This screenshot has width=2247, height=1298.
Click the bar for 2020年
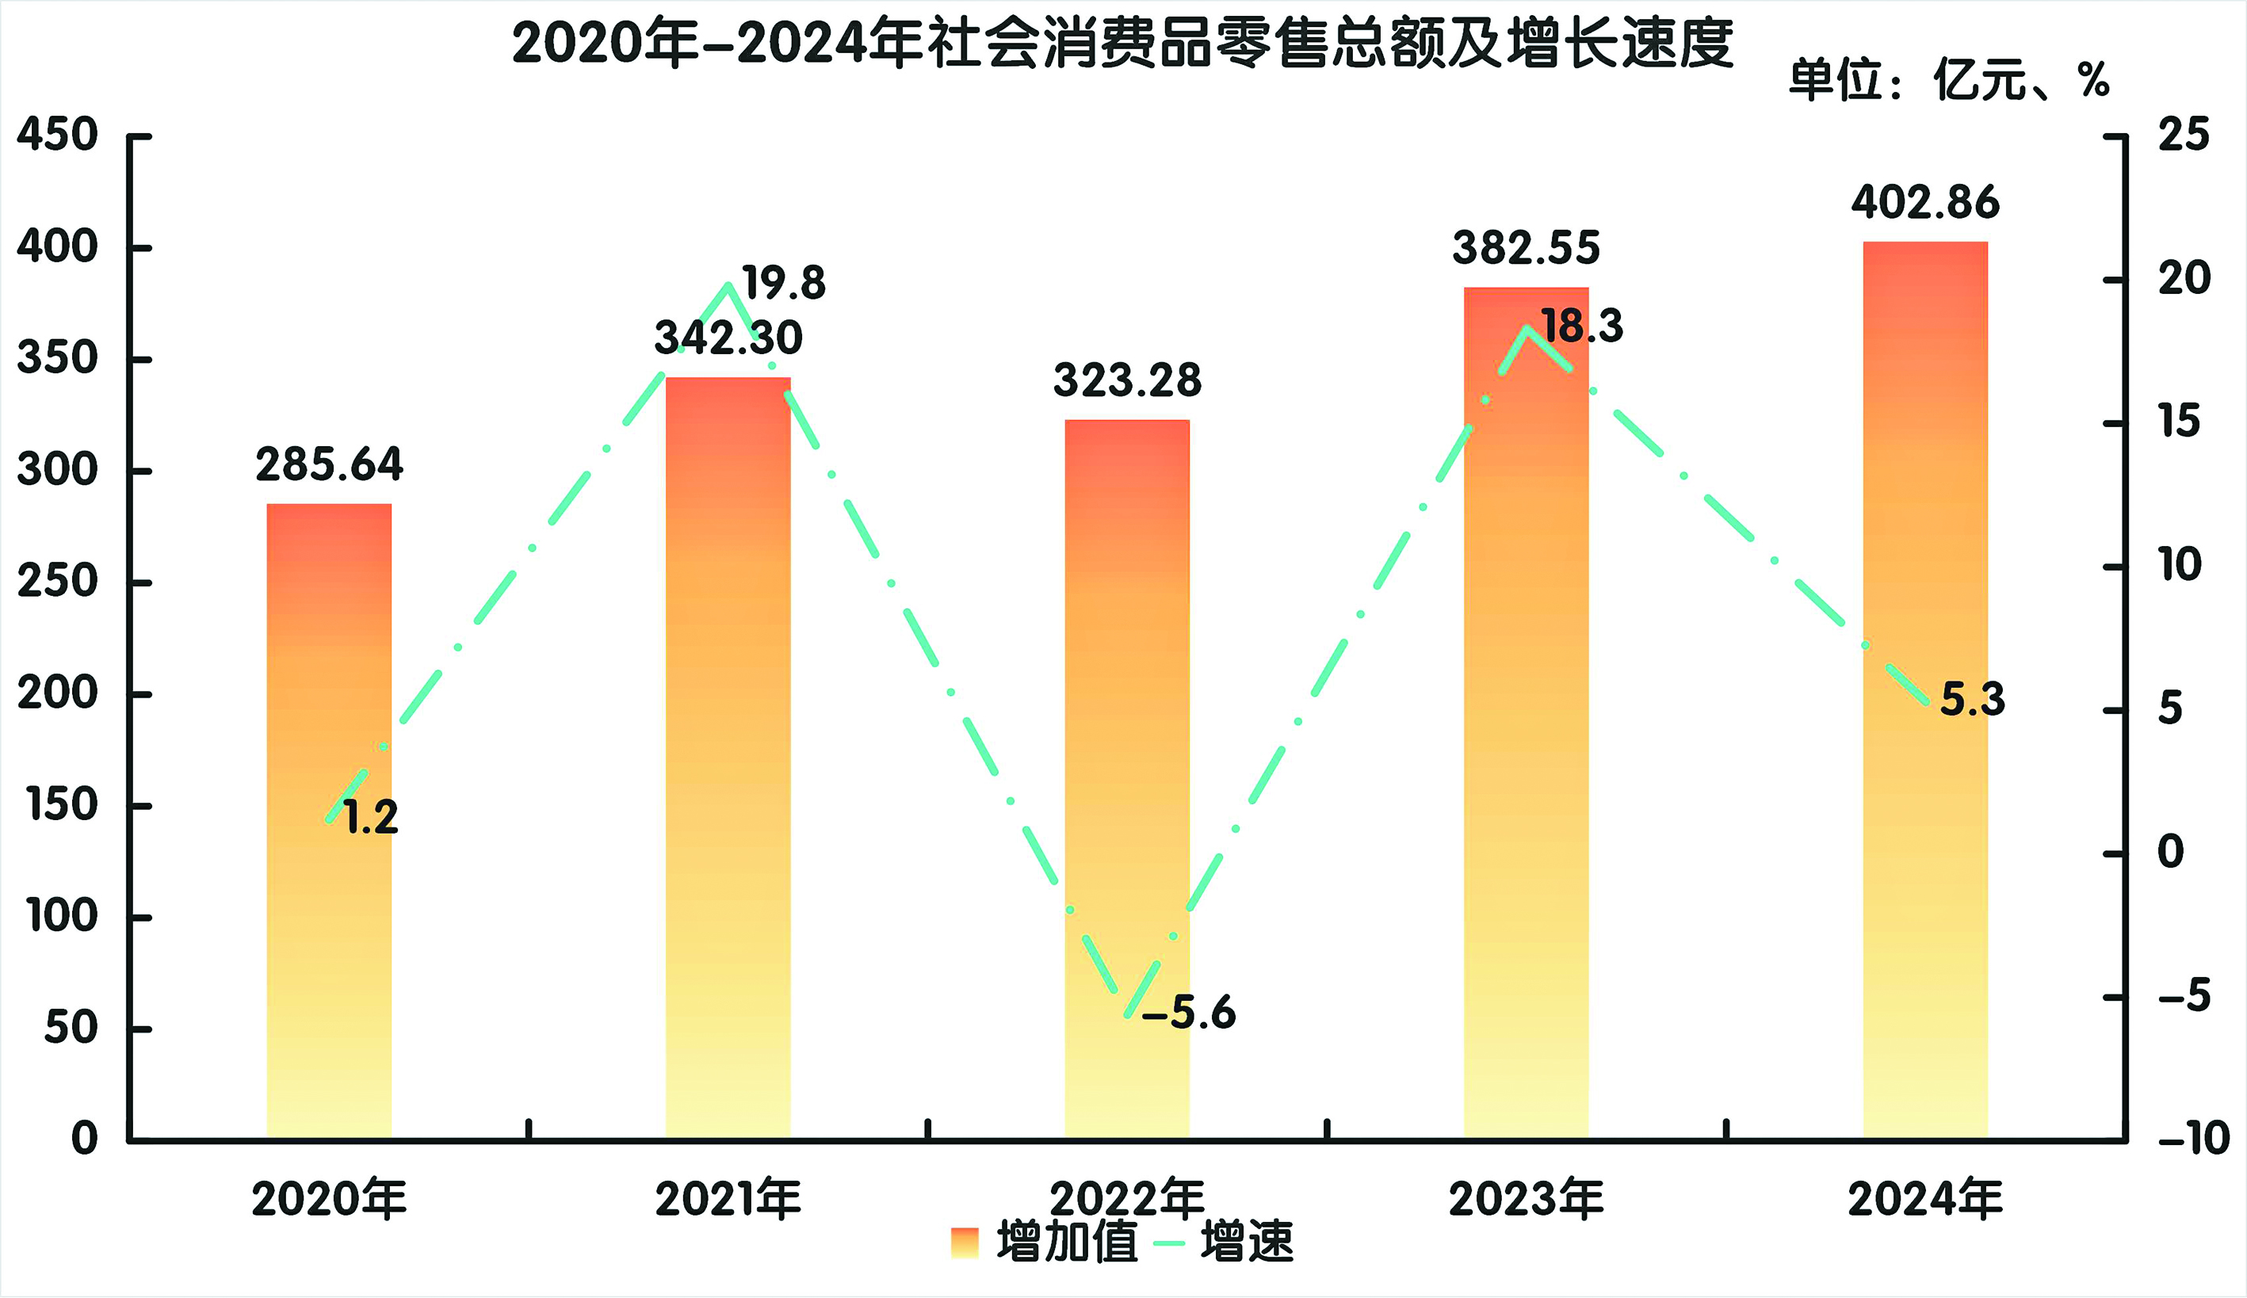click(329, 820)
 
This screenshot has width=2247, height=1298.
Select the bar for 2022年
click(1127, 776)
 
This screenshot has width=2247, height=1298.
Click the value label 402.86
click(1925, 203)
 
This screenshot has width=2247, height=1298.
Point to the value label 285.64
click(329, 464)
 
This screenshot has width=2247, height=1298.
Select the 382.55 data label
click(1526, 248)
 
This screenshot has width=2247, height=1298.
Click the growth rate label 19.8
click(784, 284)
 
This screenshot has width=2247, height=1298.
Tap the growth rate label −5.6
click(1189, 1014)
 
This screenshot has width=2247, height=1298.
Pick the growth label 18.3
click(1582, 326)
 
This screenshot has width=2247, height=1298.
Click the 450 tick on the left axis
click(57, 136)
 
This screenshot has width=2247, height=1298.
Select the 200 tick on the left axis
click(57, 693)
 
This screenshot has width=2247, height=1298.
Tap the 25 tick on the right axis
click(2183, 136)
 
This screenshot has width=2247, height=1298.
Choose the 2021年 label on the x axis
click(728, 1199)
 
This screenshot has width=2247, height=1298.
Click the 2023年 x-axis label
click(1526, 1199)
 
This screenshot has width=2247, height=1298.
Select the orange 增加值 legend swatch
click(965, 1243)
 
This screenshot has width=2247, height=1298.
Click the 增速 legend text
click(1247, 1242)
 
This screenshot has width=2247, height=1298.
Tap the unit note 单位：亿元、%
click(1949, 81)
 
